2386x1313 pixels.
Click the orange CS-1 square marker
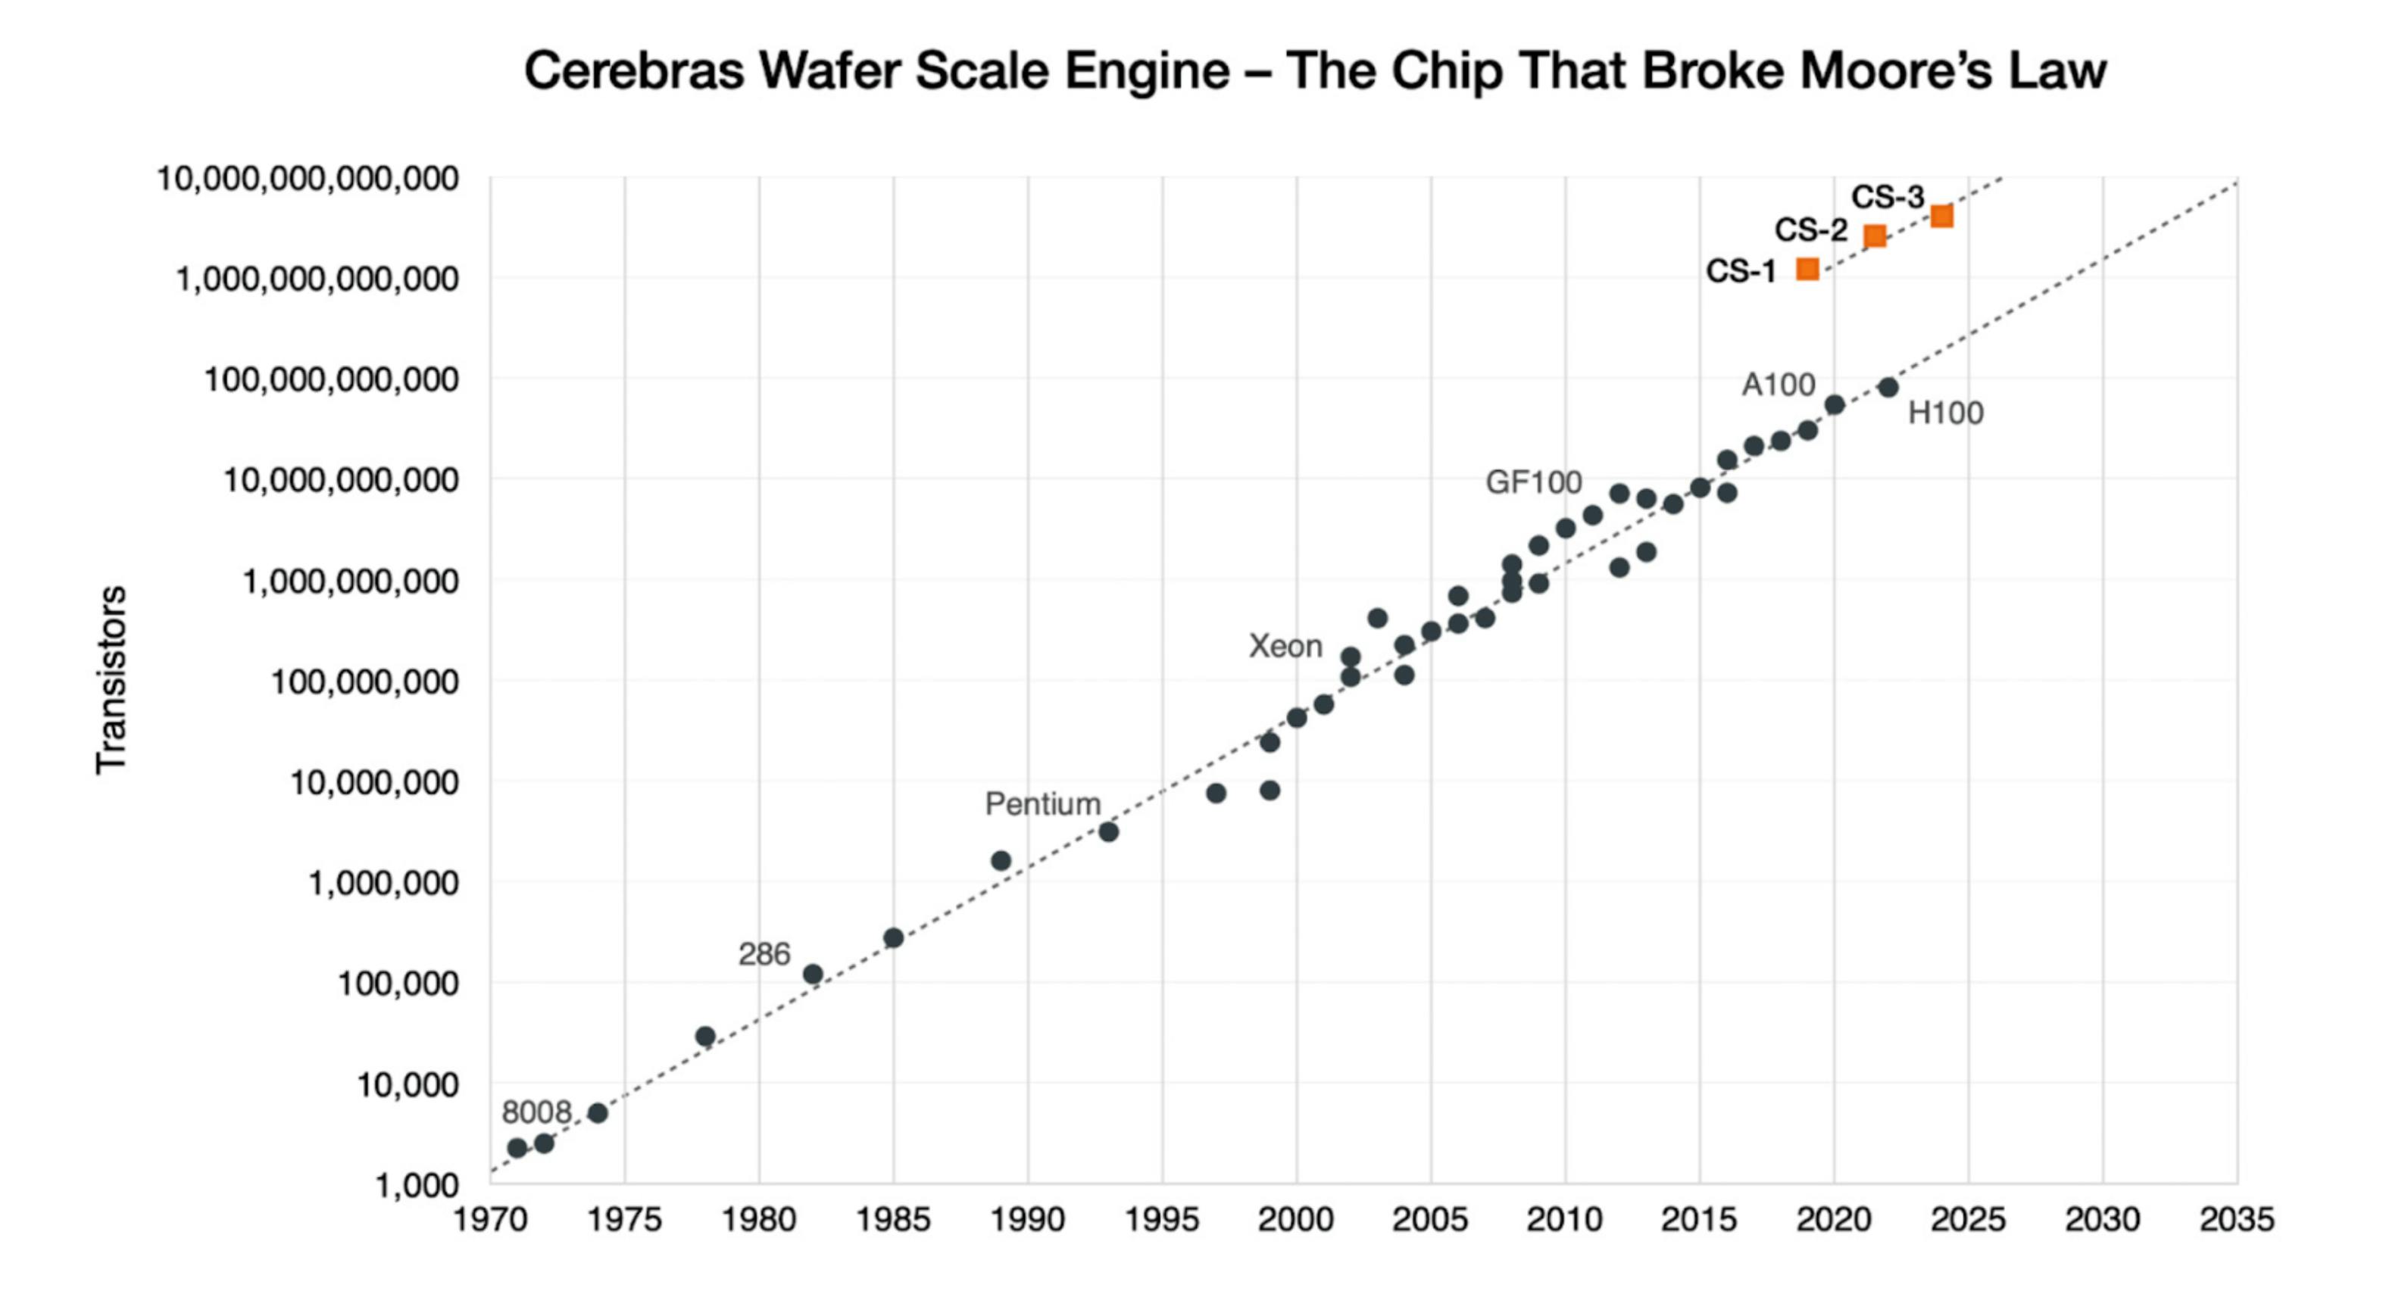(1807, 270)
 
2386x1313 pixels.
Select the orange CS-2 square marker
(1875, 236)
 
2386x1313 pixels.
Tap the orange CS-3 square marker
(1942, 217)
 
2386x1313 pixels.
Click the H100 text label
(1945, 413)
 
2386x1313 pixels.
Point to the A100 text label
(1778, 384)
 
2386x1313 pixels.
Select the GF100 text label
(1533, 482)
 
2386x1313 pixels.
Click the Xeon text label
(1285, 647)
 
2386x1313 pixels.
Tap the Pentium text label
(1042, 803)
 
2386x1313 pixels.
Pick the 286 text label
(764, 954)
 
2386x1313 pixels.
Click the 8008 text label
(536, 1112)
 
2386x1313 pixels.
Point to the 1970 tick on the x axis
(490, 1219)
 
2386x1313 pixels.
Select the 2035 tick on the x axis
(2236, 1219)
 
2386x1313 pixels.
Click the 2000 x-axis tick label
(1296, 1219)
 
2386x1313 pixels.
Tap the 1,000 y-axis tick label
(416, 1185)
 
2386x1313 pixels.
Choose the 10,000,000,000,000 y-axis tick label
(308, 179)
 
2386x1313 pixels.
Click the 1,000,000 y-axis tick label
(383, 884)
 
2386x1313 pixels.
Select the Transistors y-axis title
(111, 680)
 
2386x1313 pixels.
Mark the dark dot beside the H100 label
(1888, 387)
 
